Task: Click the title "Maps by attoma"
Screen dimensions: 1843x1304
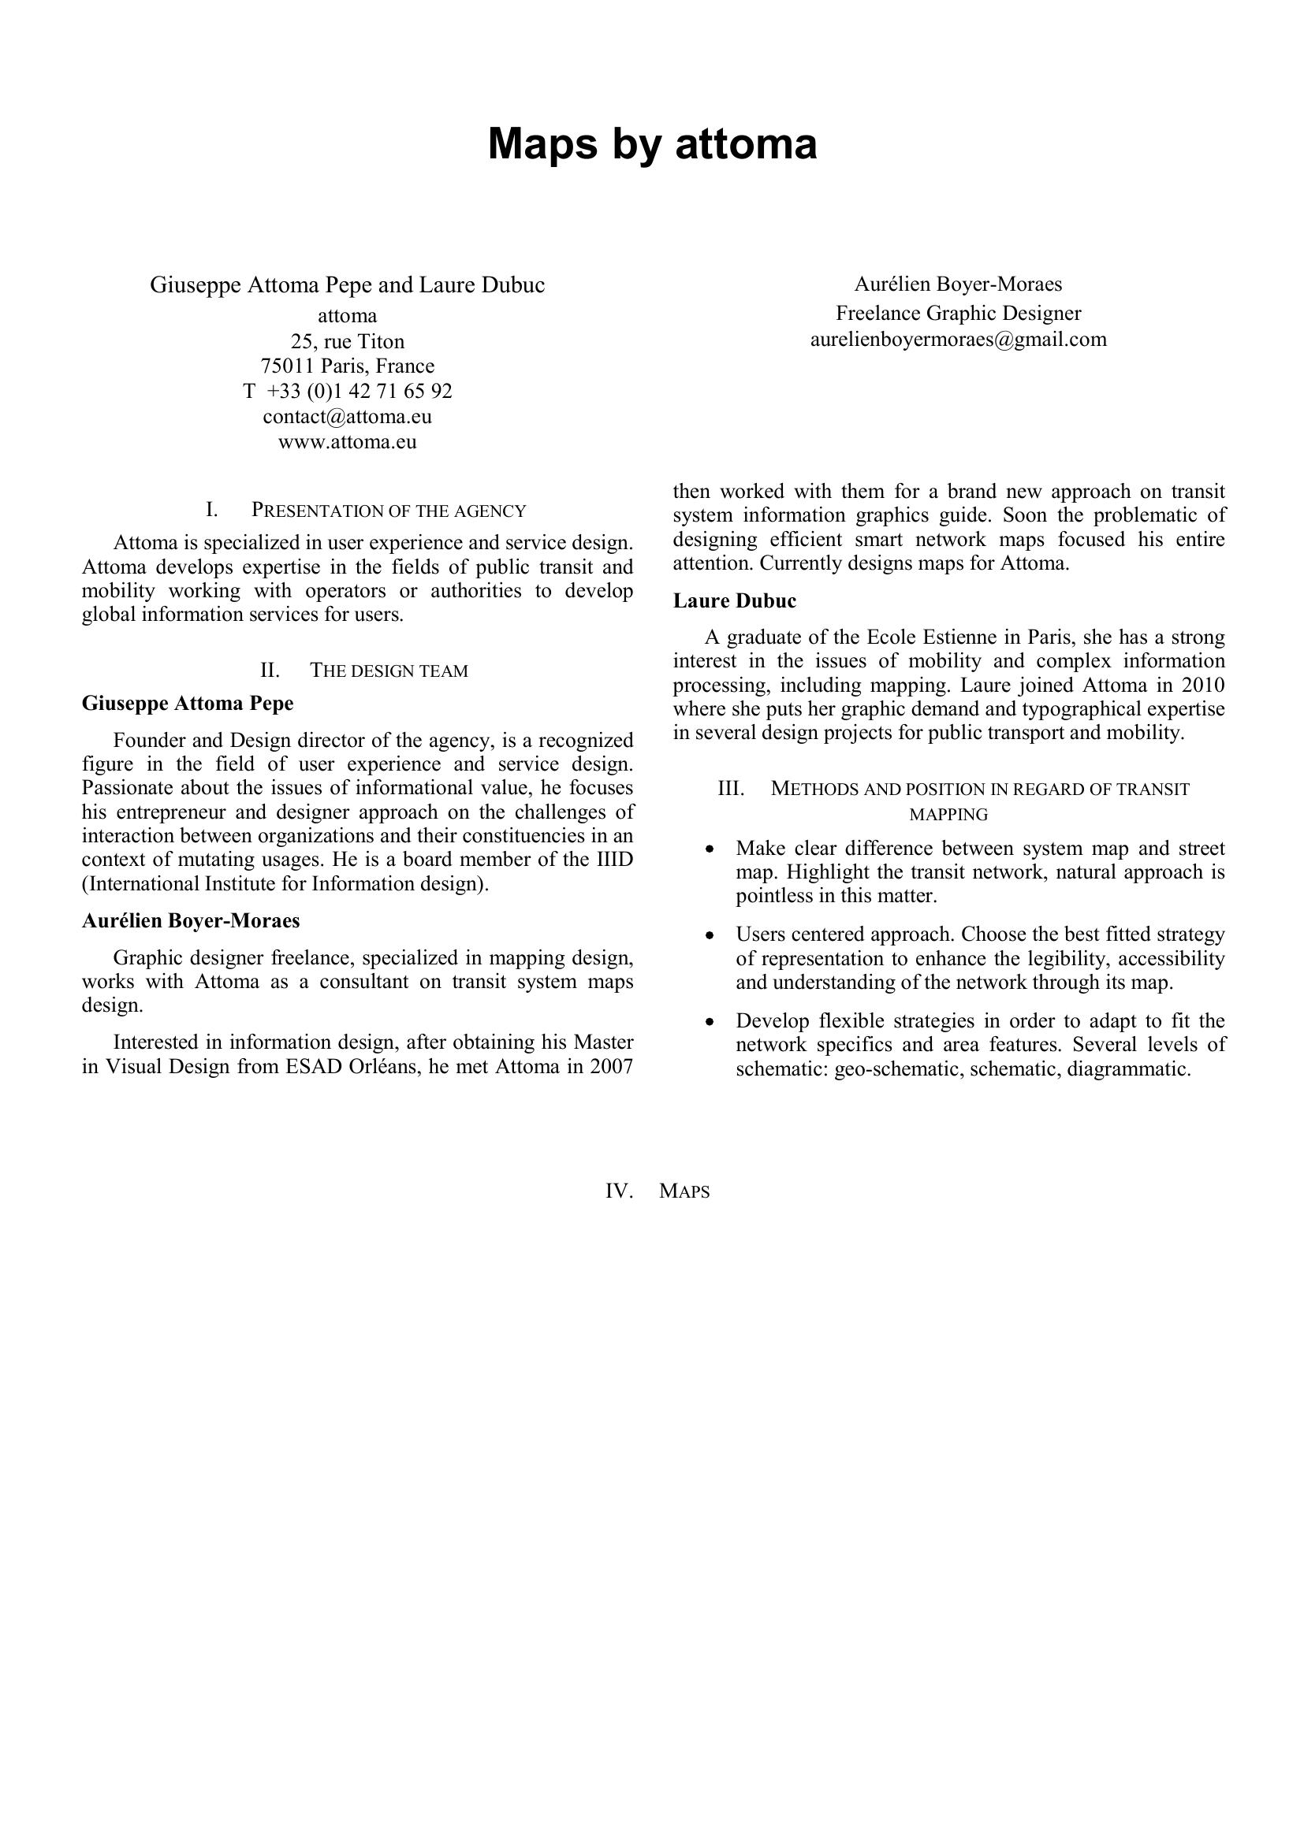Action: [x=652, y=144]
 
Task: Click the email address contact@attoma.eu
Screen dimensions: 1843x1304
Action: [x=347, y=417]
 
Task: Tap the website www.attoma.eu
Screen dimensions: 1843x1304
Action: [x=347, y=442]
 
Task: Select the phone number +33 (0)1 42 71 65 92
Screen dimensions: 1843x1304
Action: [x=359, y=392]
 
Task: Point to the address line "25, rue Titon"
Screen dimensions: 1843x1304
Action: [x=347, y=341]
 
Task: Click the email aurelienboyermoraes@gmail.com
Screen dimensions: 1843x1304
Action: [x=958, y=340]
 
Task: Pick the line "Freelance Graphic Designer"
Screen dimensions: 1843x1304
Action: [x=958, y=313]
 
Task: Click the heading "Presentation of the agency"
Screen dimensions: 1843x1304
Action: [x=389, y=511]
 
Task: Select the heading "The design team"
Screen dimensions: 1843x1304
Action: [x=389, y=671]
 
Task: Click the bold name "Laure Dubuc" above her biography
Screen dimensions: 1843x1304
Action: [x=734, y=601]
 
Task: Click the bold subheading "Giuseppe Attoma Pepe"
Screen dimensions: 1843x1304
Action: [x=188, y=704]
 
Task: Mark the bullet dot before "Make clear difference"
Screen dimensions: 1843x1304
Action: [x=709, y=849]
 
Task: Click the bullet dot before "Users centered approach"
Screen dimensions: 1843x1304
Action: [x=709, y=936]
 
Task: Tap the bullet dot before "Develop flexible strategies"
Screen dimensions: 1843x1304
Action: [x=709, y=1023]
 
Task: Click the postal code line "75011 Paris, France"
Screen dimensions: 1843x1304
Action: [x=347, y=367]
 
